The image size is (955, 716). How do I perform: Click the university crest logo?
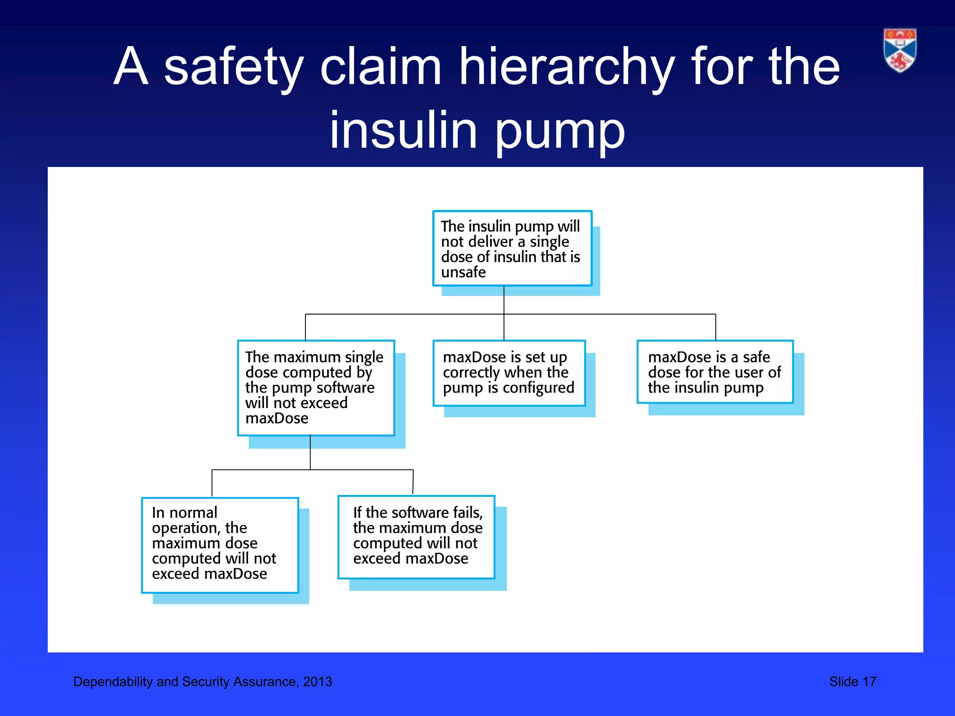(x=900, y=50)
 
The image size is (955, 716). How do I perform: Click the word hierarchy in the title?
(x=567, y=68)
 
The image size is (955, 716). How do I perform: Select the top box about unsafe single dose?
(x=512, y=248)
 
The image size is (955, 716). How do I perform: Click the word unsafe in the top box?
(x=463, y=272)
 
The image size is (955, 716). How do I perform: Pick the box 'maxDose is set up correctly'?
(x=509, y=373)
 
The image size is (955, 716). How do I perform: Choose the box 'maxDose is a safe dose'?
(x=715, y=372)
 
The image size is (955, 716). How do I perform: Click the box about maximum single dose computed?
(x=316, y=388)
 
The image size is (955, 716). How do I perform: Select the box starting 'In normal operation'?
(x=220, y=545)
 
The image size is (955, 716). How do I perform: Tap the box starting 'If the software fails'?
(x=416, y=537)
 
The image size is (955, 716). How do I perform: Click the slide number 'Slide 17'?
(x=852, y=682)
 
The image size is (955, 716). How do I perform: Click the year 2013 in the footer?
(x=318, y=682)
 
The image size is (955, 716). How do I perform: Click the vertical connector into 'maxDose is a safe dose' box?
(x=715, y=327)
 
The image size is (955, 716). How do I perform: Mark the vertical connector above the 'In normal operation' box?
(x=212, y=483)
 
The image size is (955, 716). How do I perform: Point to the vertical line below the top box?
(x=504, y=300)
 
